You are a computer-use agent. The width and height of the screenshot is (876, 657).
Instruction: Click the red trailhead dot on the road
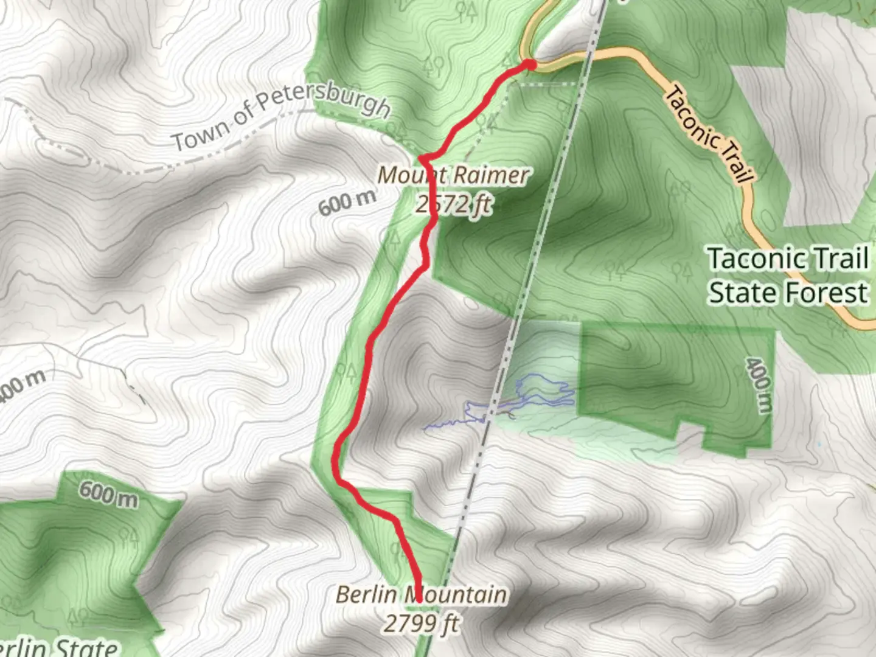click(530, 64)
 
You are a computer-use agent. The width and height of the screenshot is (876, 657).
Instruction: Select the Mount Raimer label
click(453, 176)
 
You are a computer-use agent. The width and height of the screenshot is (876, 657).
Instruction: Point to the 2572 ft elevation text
click(454, 204)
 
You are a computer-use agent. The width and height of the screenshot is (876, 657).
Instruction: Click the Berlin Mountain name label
click(421, 594)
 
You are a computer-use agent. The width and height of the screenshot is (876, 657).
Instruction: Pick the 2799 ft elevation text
click(421, 624)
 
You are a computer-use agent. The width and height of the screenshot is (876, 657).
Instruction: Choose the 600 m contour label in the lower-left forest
click(108, 493)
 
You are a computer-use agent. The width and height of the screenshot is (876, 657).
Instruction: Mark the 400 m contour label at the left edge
click(22, 387)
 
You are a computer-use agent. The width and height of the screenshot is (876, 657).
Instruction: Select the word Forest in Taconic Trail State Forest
click(827, 293)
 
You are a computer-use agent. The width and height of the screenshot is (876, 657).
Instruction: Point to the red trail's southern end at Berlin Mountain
click(419, 599)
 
